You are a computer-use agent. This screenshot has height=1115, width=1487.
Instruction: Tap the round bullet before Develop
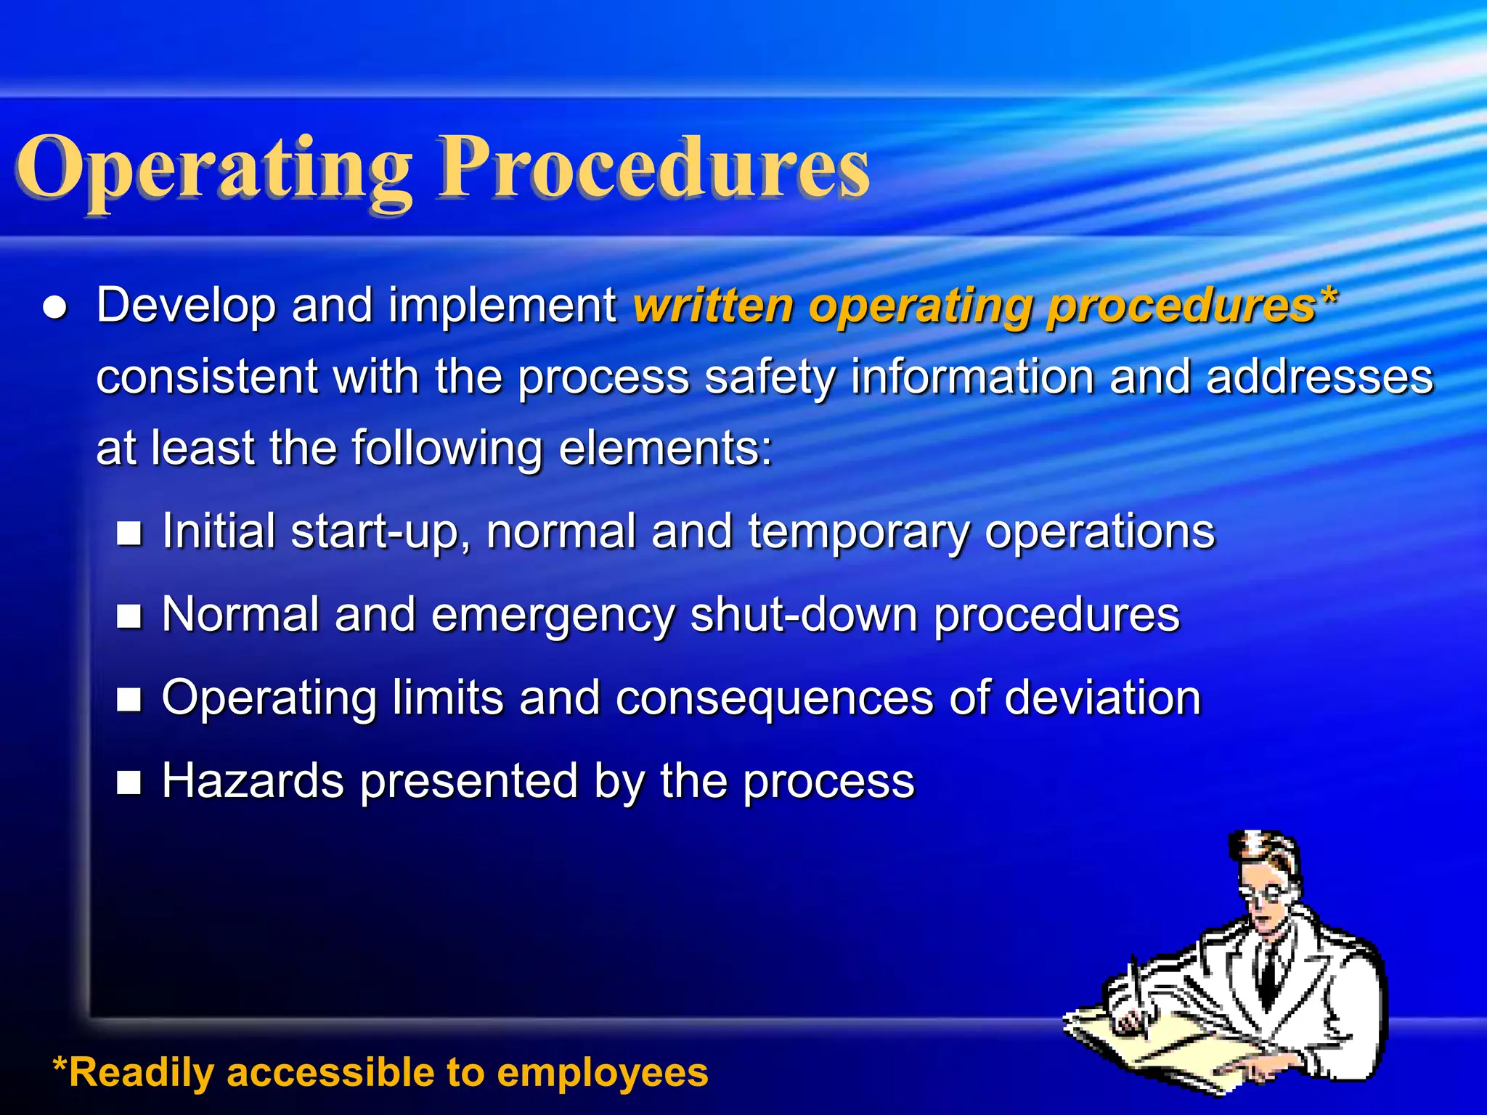[x=56, y=308]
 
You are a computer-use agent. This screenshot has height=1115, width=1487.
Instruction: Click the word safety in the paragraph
[x=770, y=377]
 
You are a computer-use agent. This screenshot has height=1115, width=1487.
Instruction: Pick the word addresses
[x=1319, y=377]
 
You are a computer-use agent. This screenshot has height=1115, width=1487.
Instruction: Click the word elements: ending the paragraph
[x=665, y=447]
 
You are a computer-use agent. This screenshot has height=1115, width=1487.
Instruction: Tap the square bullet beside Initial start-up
[x=129, y=534]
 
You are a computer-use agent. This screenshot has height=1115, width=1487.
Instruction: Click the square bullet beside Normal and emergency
[x=129, y=617]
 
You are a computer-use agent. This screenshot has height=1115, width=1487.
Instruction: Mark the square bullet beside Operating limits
[x=129, y=700]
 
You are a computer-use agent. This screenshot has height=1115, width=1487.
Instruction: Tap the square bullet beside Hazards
[x=129, y=783]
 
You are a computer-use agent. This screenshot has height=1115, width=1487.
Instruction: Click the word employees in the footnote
[x=602, y=1073]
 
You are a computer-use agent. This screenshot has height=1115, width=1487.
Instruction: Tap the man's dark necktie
[x=1268, y=969]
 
